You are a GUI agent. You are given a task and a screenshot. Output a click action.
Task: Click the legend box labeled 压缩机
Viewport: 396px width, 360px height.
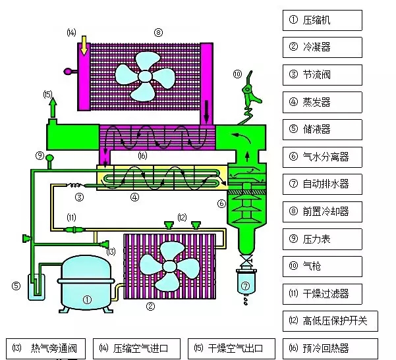[322, 20]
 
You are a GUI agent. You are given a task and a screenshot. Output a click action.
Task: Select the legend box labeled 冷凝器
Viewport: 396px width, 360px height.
[322, 47]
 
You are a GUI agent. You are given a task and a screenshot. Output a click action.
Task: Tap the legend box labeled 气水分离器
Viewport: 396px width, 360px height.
[322, 157]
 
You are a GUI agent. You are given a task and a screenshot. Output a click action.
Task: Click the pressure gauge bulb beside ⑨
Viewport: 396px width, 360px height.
[49, 156]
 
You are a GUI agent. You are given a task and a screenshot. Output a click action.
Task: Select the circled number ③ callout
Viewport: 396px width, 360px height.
[79, 197]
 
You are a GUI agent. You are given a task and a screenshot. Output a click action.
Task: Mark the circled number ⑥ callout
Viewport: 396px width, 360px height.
[221, 203]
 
